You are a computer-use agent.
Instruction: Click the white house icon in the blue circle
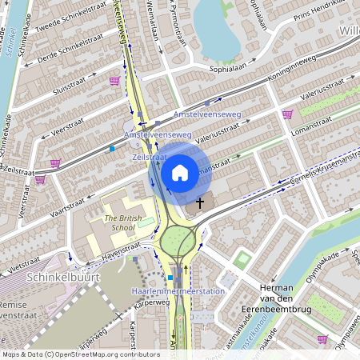[x=180, y=172]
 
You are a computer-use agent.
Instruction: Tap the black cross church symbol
[x=199, y=204]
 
